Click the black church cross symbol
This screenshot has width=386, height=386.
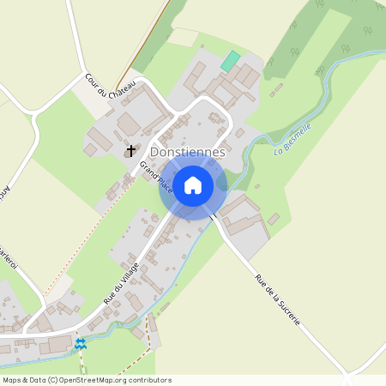tap(131, 151)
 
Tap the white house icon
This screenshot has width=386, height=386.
tap(193, 185)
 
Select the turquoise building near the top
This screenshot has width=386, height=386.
tap(230, 61)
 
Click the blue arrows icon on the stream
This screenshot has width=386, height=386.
tap(81, 344)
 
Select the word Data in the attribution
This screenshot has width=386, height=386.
tap(38, 380)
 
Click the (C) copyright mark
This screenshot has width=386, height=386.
tap(53, 380)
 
